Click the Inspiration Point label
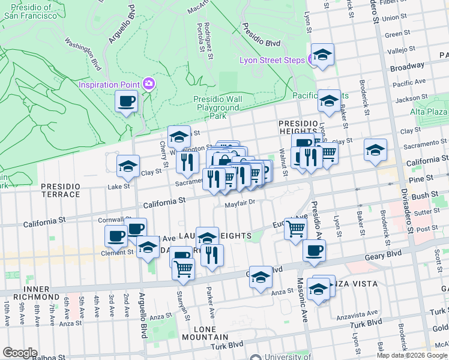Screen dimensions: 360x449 (x=109, y=85)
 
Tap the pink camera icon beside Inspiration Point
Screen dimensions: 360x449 (x=148, y=85)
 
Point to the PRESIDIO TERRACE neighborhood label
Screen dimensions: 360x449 (x=61, y=190)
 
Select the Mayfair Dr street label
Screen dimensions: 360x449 (x=240, y=202)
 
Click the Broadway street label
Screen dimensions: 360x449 (x=407, y=67)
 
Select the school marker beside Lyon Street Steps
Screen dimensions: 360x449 (x=322, y=56)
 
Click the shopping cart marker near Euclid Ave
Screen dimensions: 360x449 (x=295, y=229)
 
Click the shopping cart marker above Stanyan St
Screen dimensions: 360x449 (x=183, y=269)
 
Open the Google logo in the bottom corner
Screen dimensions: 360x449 (x=20, y=353)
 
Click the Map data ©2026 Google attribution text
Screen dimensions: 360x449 (x=412, y=355)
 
